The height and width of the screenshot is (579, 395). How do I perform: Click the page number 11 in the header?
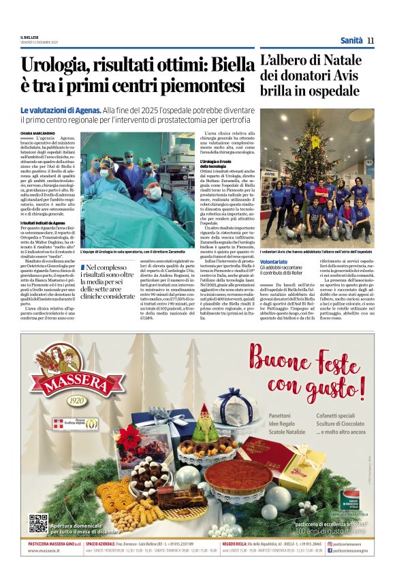pyautogui.click(x=370, y=41)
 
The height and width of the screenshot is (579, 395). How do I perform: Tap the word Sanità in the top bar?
pyautogui.click(x=351, y=41)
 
